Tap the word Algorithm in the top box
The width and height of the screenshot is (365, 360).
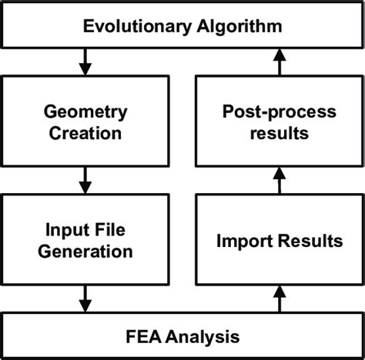click(x=241, y=28)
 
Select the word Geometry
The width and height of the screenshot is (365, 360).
click(x=86, y=113)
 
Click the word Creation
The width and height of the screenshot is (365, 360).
click(x=86, y=134)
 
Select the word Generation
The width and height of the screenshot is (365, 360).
click(x=86, y=251)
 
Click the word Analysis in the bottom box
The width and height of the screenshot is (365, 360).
click(x=202, y=336)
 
